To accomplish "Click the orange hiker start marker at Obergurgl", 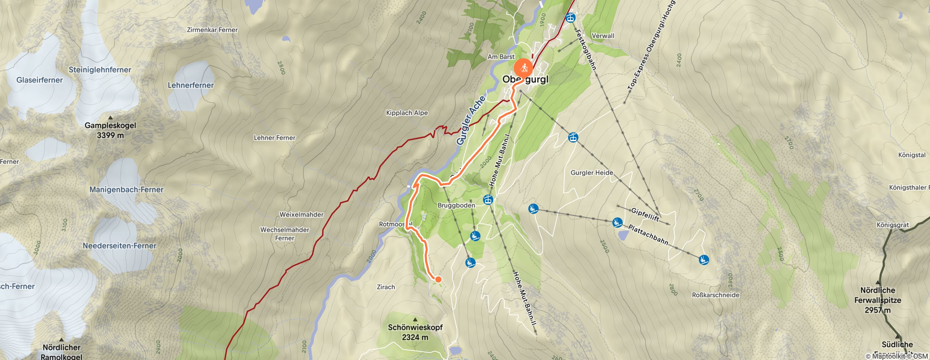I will [523, 67].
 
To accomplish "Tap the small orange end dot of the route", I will [438, 279].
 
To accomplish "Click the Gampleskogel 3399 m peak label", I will [110, 130].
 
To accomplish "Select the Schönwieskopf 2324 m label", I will [415, 332].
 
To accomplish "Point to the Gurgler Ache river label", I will [471, 120].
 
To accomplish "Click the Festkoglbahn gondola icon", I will [571, 17].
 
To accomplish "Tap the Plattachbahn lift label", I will [648, 235].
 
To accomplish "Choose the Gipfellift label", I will [645, 214].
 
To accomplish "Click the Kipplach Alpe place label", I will [407, 113].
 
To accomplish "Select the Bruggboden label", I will [456, 206].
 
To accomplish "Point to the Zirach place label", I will [385, 287].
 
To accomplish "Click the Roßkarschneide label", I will [715, 295].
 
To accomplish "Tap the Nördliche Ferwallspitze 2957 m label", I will [878, 300].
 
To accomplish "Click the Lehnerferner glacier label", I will [191, 85].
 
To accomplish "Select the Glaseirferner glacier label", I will [39, 80].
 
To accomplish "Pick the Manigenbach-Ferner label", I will [126, 190].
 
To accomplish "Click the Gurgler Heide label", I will [592, 173].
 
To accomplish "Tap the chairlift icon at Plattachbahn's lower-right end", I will [704, 259].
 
